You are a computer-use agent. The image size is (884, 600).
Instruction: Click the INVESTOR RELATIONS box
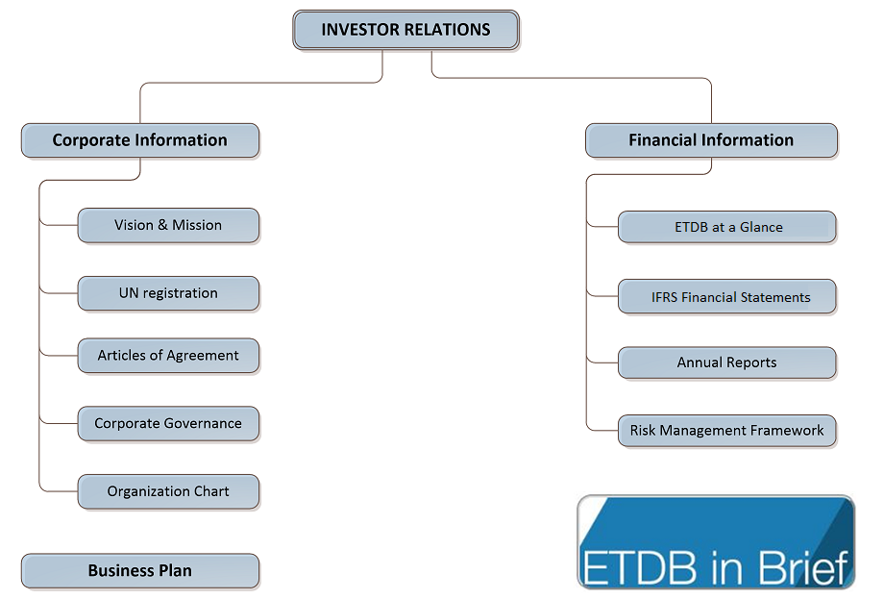tap(405, 30)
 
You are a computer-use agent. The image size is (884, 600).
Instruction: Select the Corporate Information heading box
tap(140, 140)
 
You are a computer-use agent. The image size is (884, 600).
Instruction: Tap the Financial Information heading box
tap(711, 140)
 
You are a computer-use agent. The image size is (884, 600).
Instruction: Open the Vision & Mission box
tap(168, 226)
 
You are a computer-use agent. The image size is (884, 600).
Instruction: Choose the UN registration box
tap(168, 293)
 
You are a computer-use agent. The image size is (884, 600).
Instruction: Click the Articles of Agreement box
tap(168, 355)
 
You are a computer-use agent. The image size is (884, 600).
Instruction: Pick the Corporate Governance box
tap(168, 423)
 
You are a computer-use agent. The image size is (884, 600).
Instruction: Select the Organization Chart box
tap(168, 491)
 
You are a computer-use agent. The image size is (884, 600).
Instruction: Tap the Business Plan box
tap(140, 571)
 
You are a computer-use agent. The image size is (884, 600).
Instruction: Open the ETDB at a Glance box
tap(727, 227)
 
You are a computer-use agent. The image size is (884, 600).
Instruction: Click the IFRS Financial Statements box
tap(727, 296)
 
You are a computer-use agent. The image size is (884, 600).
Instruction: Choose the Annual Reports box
tap(727, 362)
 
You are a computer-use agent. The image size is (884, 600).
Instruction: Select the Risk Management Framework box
tap(727, 431)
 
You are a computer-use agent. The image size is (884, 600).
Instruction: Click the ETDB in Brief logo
tap(716, 542)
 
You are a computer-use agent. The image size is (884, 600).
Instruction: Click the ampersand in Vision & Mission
tap(163, 225)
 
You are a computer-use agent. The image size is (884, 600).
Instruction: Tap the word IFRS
tap(665, 297)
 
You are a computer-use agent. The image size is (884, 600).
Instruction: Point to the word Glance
tap(761, 227)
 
